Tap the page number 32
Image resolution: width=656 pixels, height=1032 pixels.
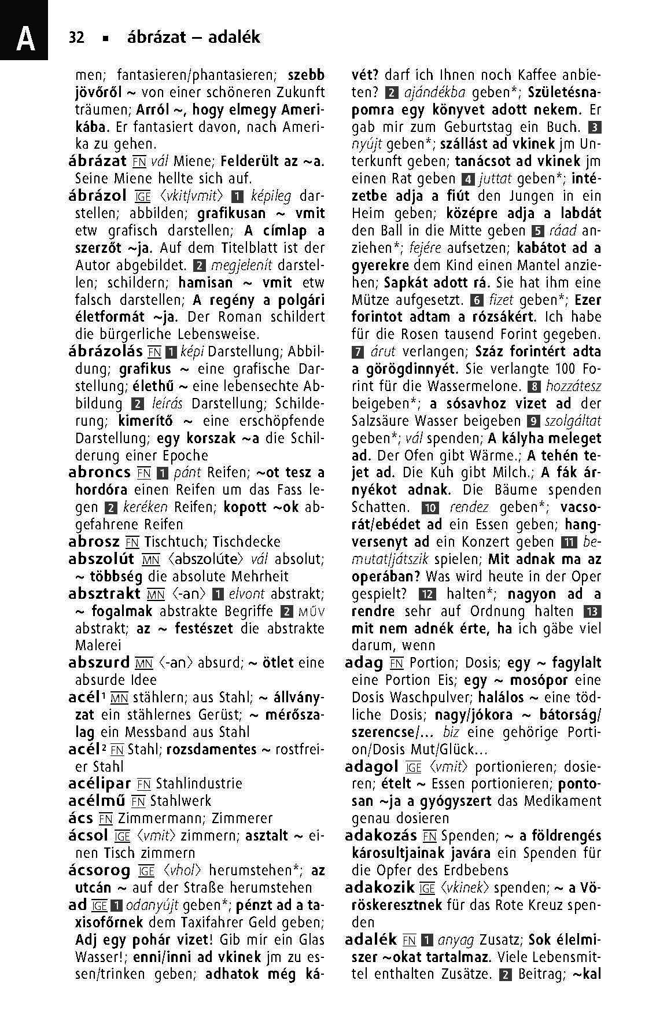pos(76,38)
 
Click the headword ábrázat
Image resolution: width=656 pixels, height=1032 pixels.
pos(97,161)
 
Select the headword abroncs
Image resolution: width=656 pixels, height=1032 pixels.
pos(99,473)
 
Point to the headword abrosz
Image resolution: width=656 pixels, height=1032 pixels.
pos(94,542)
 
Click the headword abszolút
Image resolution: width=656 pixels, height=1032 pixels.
pos(101,559)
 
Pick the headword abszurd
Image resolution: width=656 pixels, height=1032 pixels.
pos(98,663)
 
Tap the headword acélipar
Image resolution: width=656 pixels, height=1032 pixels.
pos(99,784)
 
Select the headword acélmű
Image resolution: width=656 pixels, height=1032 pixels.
pos(97,801)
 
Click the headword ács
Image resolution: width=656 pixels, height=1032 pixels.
pos(80,819)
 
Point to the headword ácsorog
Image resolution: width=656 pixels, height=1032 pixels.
pos(99,871)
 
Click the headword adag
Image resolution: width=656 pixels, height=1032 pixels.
pos(364,663)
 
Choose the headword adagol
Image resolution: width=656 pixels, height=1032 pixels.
pos(371,767)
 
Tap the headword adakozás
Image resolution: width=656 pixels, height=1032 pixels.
pos(381,836)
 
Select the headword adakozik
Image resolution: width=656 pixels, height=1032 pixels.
pos(379,888)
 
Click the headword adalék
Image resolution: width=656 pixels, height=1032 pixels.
pos(370,940)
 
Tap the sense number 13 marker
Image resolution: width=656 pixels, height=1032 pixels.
pos(593,611)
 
